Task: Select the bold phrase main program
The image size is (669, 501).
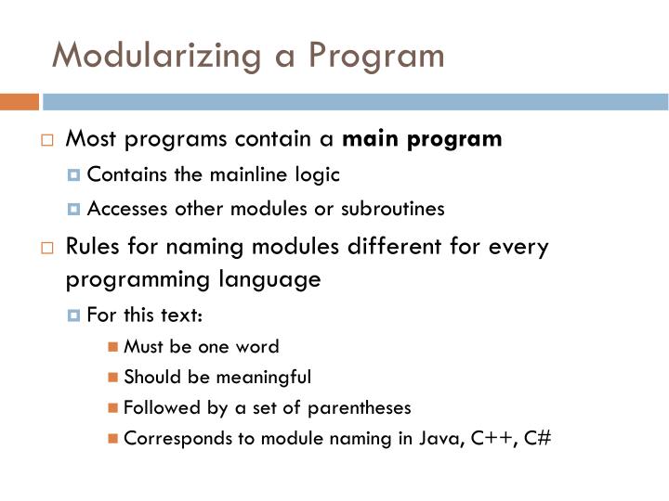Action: [x=422, y=140]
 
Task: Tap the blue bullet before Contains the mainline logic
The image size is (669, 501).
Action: [x=74, y=174]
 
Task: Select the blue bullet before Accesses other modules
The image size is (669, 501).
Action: [x=74, y=209]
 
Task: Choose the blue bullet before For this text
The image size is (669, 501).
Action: [x=74, y=314]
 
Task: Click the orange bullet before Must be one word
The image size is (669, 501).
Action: [x=112, y=347]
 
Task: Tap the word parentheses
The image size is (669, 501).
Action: [x=358, y=407]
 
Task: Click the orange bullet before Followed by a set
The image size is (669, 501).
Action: [x=112, y=407]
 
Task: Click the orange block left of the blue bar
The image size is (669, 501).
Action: [x=19, y=101]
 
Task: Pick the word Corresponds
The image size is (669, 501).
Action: [x=169, y=438]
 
